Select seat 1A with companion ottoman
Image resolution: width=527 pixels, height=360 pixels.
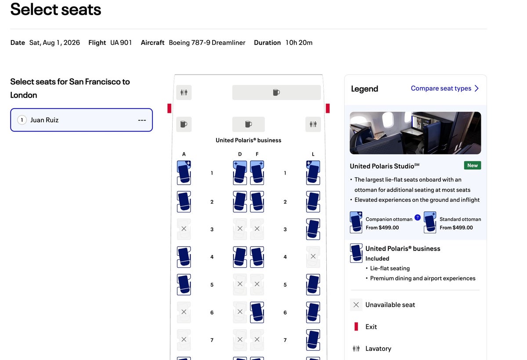[184, 172]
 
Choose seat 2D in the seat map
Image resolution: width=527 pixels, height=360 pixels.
[240, 201]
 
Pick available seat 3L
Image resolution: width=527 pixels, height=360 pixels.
[313, 229]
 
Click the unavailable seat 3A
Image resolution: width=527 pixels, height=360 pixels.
[184, 229]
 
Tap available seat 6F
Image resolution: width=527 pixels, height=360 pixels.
[257, 312]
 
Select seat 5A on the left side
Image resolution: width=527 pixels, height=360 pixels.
[184, 284]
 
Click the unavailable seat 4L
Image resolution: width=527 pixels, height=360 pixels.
[313, 257]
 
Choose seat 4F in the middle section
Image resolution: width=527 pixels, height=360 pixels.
[257, 257]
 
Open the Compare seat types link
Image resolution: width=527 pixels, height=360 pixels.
[444, 88]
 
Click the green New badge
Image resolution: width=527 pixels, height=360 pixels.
[473, 165]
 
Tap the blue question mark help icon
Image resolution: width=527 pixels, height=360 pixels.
[418, 217]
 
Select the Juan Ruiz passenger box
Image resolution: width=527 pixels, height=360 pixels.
[81, 120]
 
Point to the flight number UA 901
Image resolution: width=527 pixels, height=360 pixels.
[121, 43]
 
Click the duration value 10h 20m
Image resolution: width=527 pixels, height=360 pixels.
[299, 43]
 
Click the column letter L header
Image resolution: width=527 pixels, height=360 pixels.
[313, 154]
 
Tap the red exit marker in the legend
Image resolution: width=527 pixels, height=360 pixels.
[356, 327]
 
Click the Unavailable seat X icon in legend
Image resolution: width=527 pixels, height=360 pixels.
[356, 305]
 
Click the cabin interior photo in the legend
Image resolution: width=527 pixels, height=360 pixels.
[415, 133]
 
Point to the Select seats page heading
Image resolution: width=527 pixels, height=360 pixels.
[56, 9]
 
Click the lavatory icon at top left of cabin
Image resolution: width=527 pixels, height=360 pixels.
[184, 92]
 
